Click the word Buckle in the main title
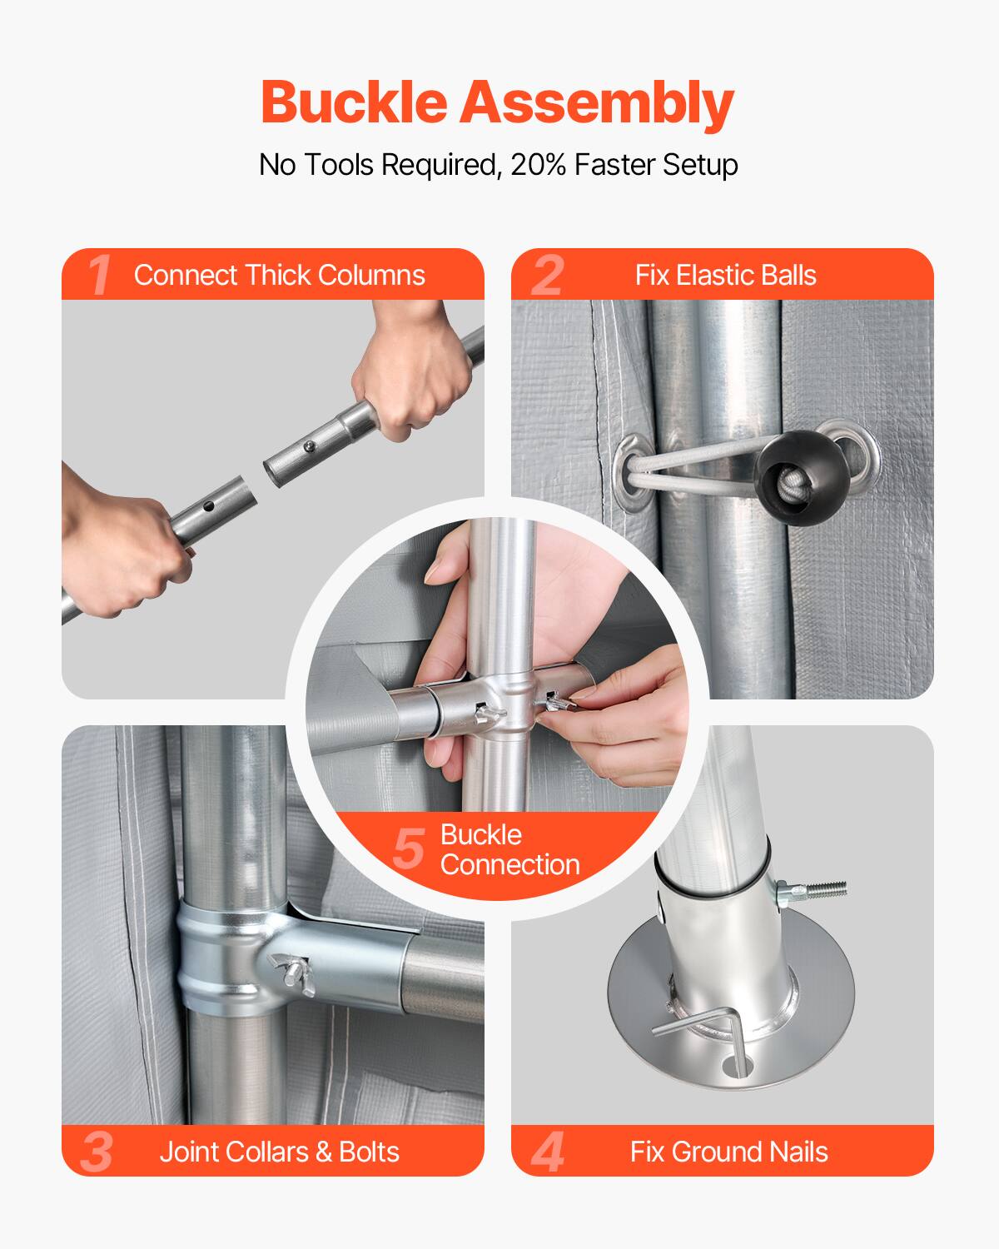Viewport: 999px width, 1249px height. click(x=355, y=103)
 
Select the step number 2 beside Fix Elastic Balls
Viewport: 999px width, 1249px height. click(x=547, y=275)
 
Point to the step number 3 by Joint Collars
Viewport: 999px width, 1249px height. click(x=97, y=1152)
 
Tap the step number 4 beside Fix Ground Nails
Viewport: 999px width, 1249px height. click(x=547, y=1152)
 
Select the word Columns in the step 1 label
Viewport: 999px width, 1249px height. click(x=375, y=275)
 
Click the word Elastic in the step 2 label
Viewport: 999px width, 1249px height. click(x=715, y=275)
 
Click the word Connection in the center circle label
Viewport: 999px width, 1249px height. click(x=509, y=864)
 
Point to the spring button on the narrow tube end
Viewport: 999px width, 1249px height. click(x=310, y=448)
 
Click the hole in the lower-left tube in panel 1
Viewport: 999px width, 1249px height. click(x=206, y=505)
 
